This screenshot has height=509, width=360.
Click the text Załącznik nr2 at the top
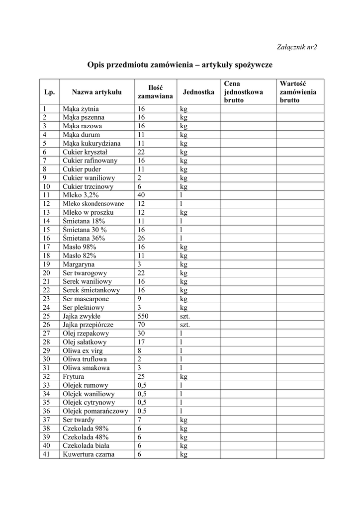click(296, 47)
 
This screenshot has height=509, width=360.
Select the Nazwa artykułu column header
click(96, 92)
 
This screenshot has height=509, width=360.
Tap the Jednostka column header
click(198, 92)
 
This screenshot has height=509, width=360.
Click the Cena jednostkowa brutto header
click(243, 92)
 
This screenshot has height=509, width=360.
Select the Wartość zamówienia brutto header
click(298, 92)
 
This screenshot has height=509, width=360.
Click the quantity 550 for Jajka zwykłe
click(143, 316)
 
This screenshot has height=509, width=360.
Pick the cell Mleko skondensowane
click(93, 204)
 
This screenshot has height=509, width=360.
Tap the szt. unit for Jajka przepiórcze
click(185, 325)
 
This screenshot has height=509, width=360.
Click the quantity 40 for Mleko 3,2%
click(141, 195)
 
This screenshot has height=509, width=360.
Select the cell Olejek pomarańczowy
click(95, 411)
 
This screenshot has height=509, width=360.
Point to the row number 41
click(47, 454)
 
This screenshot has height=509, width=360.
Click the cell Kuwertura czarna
click(89, 454)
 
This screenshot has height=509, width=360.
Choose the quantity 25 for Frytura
click(141, 377)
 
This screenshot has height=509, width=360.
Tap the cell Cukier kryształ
click(85, 152)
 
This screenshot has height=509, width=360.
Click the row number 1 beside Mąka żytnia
click(44, 109)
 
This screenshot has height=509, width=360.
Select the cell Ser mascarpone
click(86, 299)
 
